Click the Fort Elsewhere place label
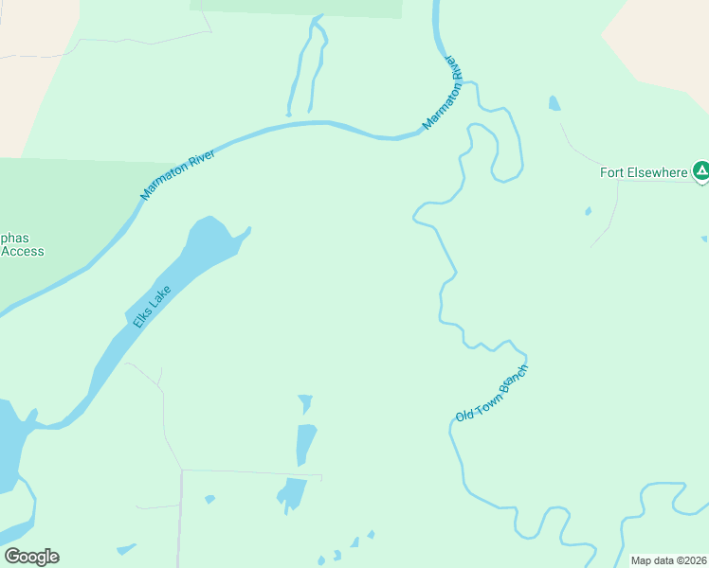click(643, 172)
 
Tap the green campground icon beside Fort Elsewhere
click(700, 171)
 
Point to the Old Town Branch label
click(491, 393)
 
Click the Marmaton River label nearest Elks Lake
click(178, 174)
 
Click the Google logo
click(31, 556)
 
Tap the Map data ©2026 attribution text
click(668, 560)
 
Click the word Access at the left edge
click(23, 251)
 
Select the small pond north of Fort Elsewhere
click(554, 102)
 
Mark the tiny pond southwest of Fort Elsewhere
click(588, 211)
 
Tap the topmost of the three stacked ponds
click(305, 403)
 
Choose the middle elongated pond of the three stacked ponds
click(305, 442)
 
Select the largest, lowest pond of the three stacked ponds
click(293, 492)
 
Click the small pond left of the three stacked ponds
click(209, 499)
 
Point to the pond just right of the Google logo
click(125, 548)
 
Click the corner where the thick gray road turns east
click(181, 470)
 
